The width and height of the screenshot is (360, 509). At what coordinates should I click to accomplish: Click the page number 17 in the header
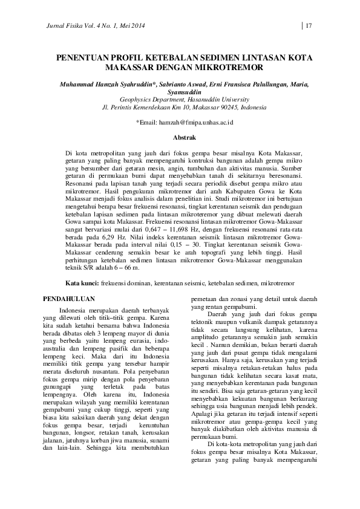pyautogui.click(x=309, y=25)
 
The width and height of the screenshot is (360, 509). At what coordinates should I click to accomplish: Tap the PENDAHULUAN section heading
pyautogui.click(x=71, y=299)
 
